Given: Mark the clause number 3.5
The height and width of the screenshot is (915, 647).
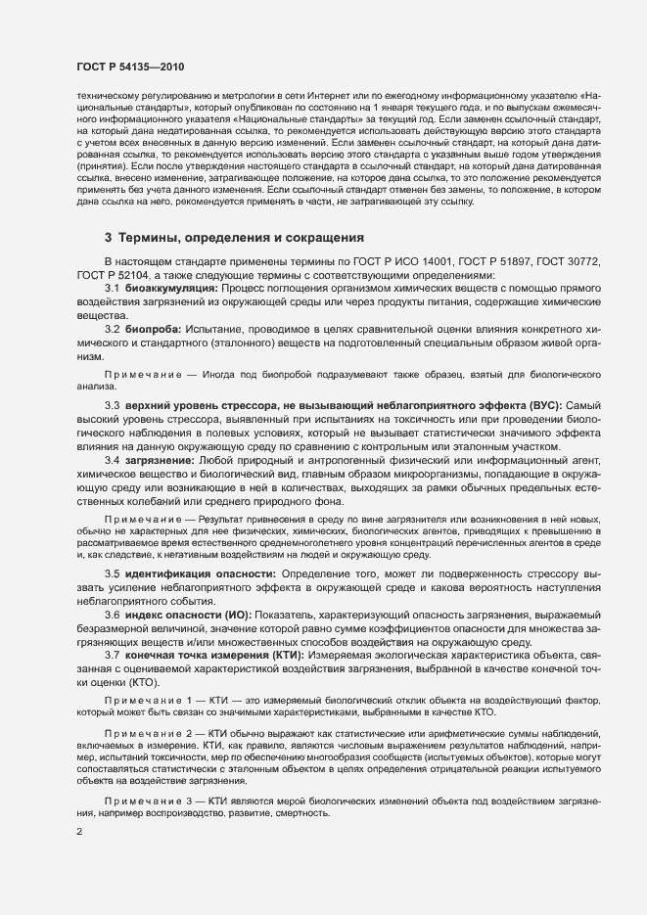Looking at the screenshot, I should coord(112,572).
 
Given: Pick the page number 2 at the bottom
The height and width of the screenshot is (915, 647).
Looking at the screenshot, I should coord(79,834).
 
